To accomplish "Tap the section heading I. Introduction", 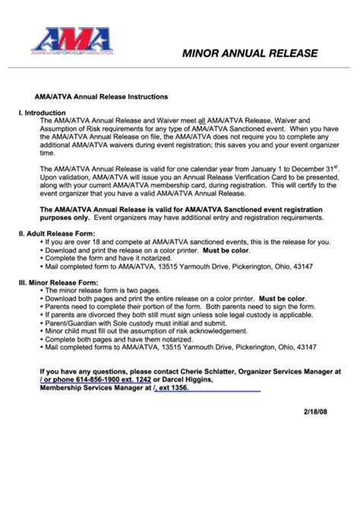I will (43, 112).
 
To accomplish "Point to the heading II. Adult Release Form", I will (57, 234).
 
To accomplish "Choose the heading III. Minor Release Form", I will (58, 282).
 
